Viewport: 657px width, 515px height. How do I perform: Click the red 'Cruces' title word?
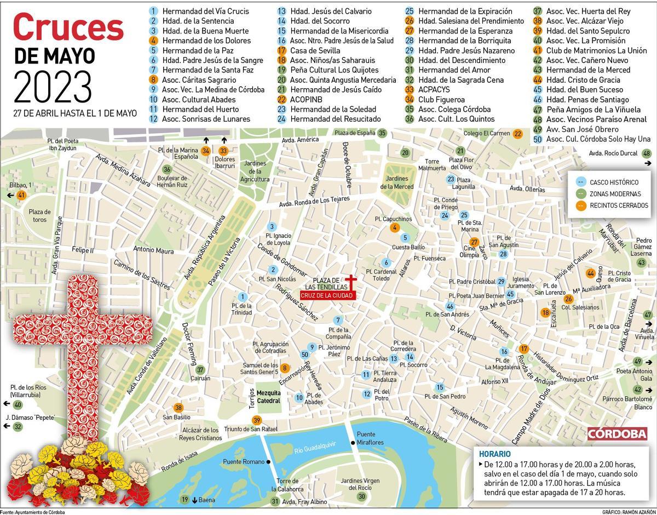click(x=68, y=27)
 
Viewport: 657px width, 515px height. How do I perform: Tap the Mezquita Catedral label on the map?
click(x=268, y=397)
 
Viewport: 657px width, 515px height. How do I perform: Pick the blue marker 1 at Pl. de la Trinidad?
click(x=244, y=296)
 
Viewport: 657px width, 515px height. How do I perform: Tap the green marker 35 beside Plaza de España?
click(x=382, y=133)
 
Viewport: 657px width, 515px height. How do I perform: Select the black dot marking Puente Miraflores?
click(x=353, y=443)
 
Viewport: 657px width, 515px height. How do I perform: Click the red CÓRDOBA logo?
click(x=617, y=433)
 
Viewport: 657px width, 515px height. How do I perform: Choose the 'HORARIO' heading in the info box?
click(x=495, y=454)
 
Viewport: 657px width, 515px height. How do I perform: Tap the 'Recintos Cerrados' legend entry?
click(x=619, y=205)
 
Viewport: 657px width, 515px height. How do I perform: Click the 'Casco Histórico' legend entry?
click(x=613, y=182)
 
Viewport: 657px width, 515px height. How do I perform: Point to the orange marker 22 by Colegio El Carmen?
click(x=517, y=133)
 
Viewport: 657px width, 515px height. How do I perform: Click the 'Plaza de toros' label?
click(x=39, y=215)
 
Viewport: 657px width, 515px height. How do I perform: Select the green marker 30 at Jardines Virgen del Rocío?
click(x=361, y=496)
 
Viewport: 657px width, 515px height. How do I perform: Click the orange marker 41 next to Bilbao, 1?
click(x=22, y=196)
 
